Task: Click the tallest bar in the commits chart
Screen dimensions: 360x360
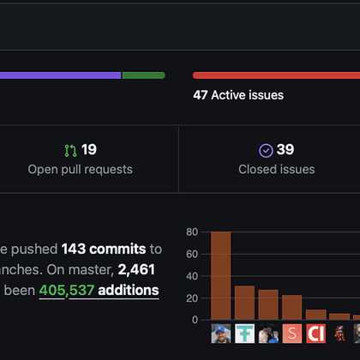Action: pyautogui.click(x=220, y=275)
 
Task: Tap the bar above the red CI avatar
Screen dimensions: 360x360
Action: pyautogui.click(x=316, y=315)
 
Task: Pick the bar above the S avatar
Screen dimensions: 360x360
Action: pyautogui.click(x=292, y=307)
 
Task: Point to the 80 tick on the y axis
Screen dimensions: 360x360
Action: pyautogui.click(x=192, y=231)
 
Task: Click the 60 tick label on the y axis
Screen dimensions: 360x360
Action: pyautogui.click(x=192, y=254)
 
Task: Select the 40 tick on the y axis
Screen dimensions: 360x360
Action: pyautogui.click(x=192, y=275)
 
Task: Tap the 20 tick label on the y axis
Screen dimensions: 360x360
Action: pyautogui.click(x=192, y=297)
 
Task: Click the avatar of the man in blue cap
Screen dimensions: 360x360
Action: pyautogui.click(x=220, y=333)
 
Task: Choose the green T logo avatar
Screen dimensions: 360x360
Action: pyautogui.click(x=244, y=333)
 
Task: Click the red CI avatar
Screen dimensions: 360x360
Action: pyautogui.click(x=316, y=333)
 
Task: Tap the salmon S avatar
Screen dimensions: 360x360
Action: pyautogui.click(x=292, y=333)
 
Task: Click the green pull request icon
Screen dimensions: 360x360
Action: pyautogui.click(x=70, y=150)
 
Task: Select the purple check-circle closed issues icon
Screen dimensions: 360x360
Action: pyautogui.click(x=266, y=150)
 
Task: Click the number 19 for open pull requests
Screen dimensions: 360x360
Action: pyautogui.click(x=89, y=150)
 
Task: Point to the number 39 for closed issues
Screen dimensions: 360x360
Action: pyautogui.click(x=285, y=150)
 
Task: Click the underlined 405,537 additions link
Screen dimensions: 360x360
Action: pyautogui.click(x=99, y=291)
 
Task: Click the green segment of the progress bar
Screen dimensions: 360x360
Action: pyautogui.click(x=143, y=75)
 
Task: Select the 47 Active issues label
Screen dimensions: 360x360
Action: pyautogui.click(x=238, y=95)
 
